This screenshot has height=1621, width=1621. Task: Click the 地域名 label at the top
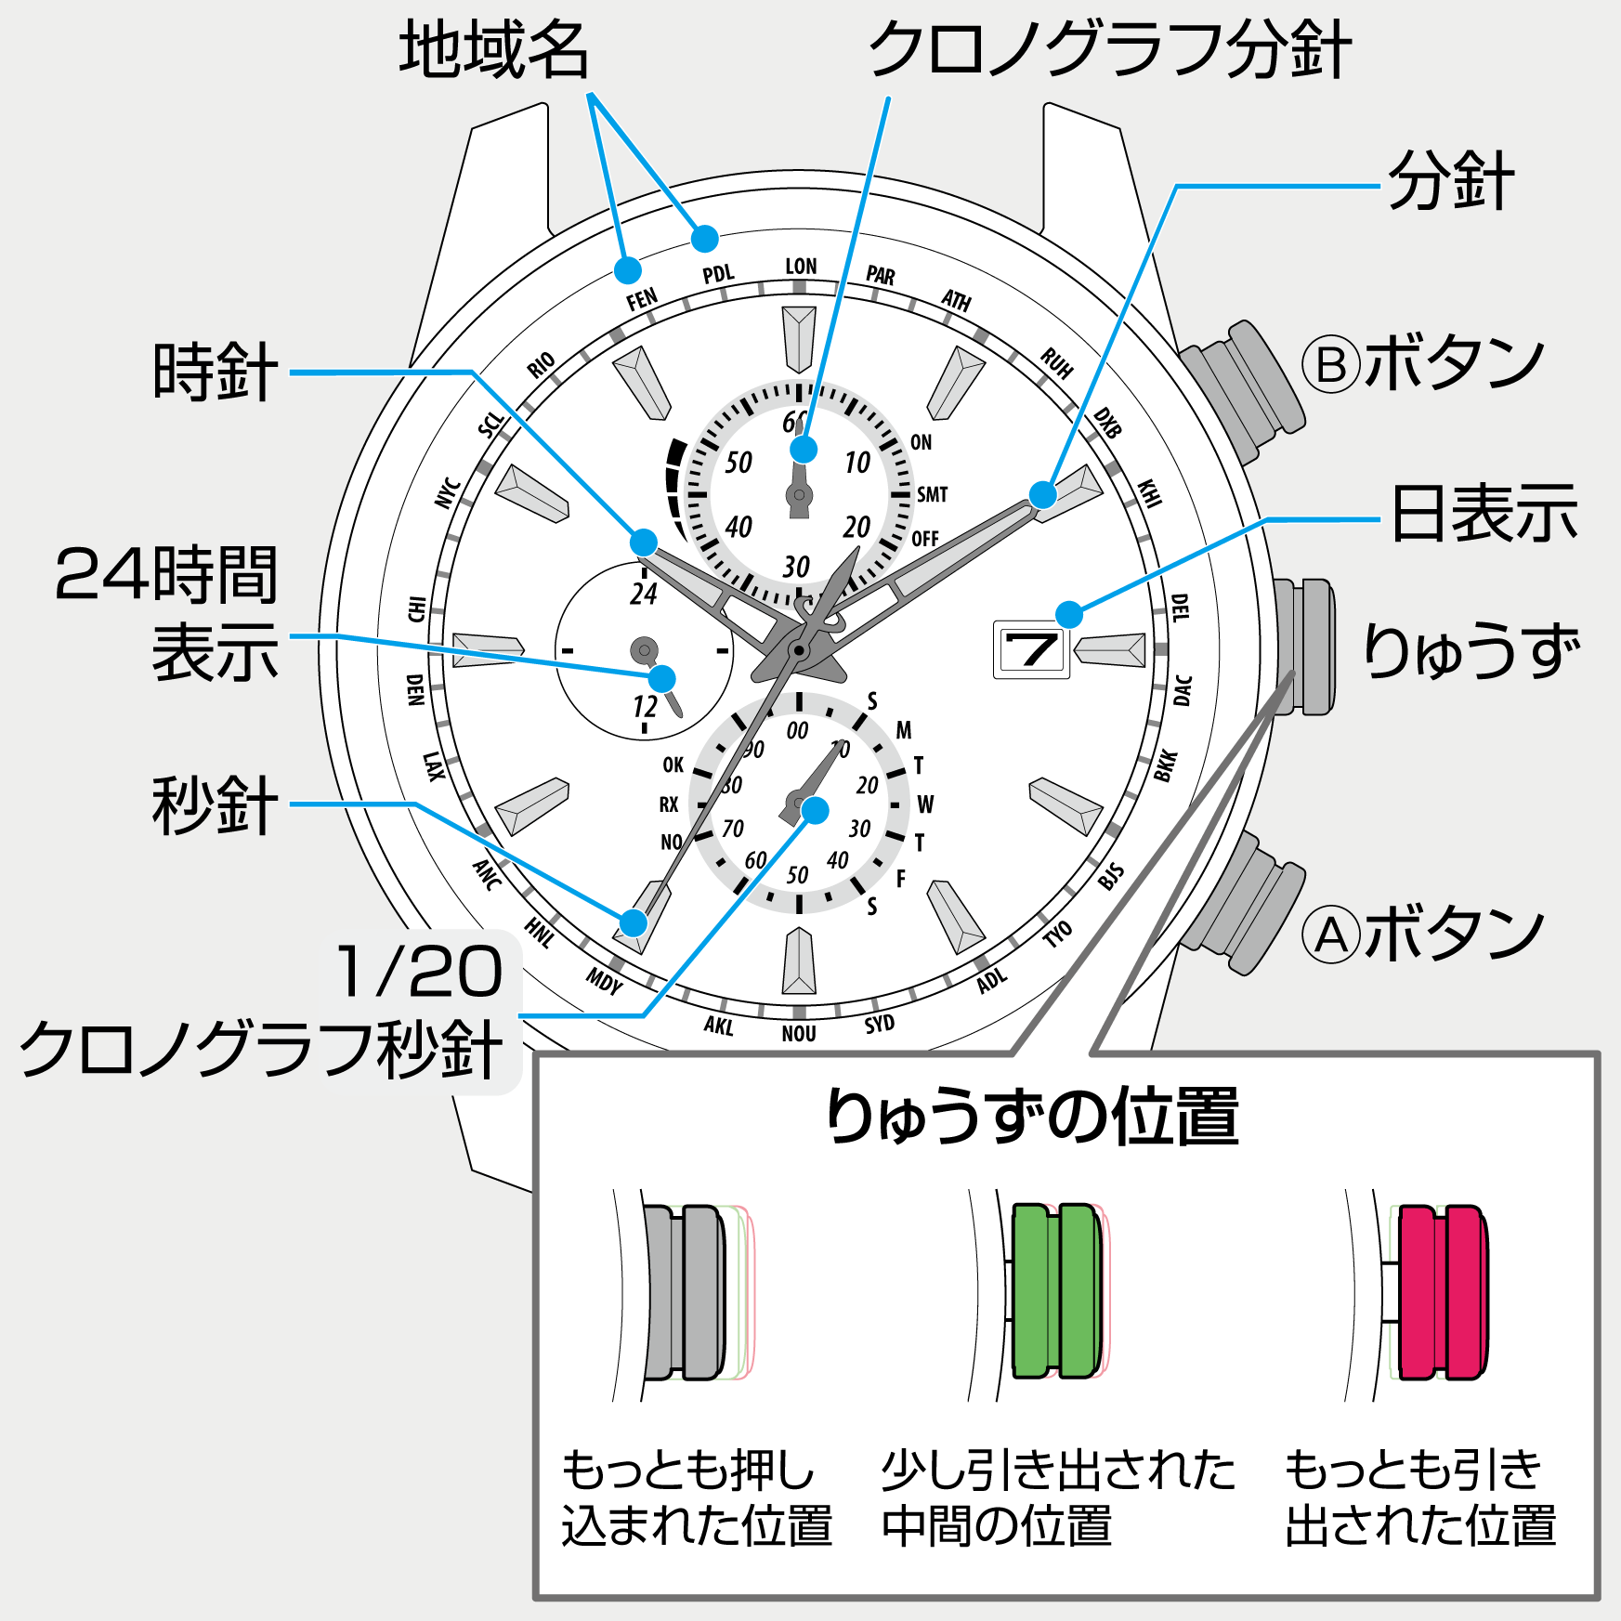pyautogui.click(x=494, y=50)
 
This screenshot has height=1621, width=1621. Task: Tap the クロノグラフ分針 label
pyautogui.click(x=1109, y=50)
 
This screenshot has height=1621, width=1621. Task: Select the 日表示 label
pyautogui.click(x=1484, y=515)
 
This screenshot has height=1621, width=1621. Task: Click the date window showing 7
pyautogui.click(x=1031, y=650)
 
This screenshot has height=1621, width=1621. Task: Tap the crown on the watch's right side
pyautogui.click(x=1306, y=647)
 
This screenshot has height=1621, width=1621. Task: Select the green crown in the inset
pyautogui.click(x=1056, y=1291)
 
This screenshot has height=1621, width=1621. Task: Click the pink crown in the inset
pyautogui.click(x=1442, y=1291)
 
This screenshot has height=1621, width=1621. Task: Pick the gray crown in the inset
pyautogui.click(x=685, y=1291)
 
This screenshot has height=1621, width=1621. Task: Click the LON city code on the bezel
pyautogui.click(x=801, y=268)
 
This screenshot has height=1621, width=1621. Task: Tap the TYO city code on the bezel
pyautogui.click(x=1057, y=934)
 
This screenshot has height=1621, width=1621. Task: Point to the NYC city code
pyautogui.click(x=448, y=492)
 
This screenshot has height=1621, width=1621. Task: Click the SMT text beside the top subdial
pyautogui.click(x=932, y=494)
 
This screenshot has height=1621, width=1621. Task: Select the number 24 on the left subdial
pyautogui.click(x=644, y=594)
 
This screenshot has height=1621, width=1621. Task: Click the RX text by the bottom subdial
pyautogui.click(x=669, y=804)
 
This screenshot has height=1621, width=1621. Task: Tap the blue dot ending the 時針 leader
pyautogui.click(x=644, y=543)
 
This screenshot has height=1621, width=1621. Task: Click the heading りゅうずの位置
pyautogui.click(x=1032, y=1116)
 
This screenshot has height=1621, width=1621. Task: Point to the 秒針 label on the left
pyautogui.click(x=215, y=805)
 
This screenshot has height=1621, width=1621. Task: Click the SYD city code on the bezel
pyautogui.click(x=879, y=1024)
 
